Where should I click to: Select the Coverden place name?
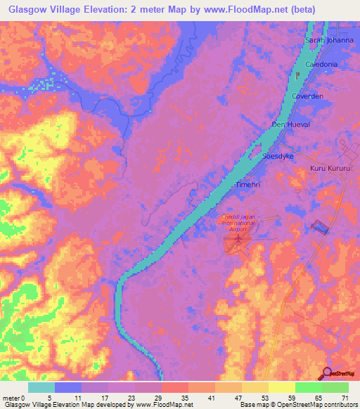[x=308, y=96]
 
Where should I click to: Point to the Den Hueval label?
[x=290, y=124]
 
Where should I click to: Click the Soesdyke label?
[x=277, y=156]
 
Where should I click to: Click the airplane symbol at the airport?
[x=238, y=240]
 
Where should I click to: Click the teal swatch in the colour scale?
[x=41, y=387]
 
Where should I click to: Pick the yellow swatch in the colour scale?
[x=282, y=387]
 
